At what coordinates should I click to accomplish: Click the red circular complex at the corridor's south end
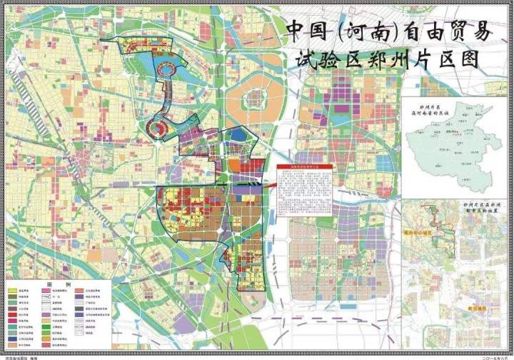pyautogui.click(x=158, y=127)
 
